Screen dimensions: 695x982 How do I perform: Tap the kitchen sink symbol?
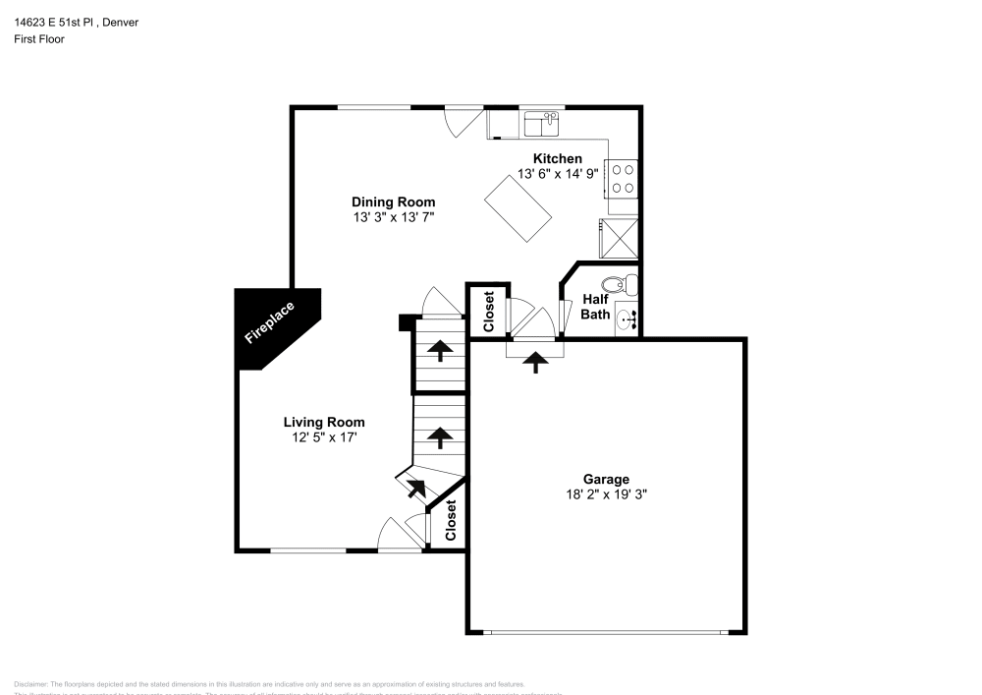541,124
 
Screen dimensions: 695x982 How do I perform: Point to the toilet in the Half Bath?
618,286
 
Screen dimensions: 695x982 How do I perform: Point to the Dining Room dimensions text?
393,216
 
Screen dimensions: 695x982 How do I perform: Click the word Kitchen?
558,158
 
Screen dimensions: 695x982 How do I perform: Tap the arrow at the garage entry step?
535,363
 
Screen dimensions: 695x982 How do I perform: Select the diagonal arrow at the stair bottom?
415,486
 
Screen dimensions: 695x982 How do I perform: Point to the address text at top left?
76,22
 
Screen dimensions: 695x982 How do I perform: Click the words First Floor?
39,39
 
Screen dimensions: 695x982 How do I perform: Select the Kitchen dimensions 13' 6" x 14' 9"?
558,173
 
